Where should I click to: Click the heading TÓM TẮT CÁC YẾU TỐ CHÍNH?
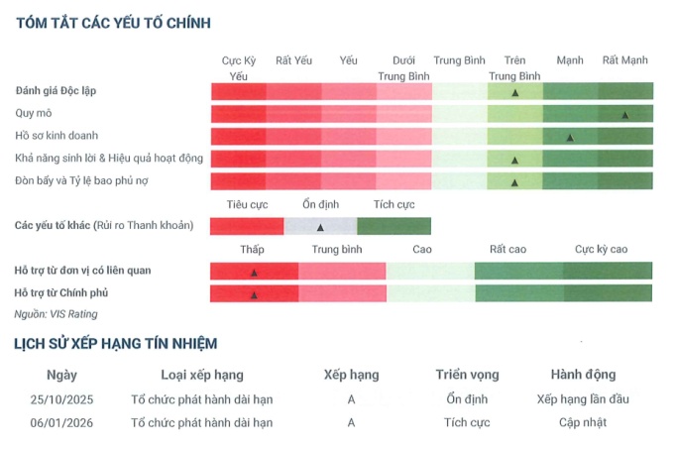(113, 22)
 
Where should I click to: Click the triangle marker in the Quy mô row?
(624, 115)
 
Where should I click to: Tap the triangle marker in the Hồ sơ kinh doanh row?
(569, 138)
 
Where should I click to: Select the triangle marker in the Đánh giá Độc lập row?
(515, 92)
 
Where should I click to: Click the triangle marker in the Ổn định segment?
(320, 227)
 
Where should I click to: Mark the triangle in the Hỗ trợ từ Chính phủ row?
(254, 294)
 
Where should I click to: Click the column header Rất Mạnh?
(624, 60)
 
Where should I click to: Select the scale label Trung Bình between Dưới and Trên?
(459, 60)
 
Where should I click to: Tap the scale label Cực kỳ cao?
(601, 250)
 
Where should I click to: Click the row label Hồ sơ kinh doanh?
(56, 136)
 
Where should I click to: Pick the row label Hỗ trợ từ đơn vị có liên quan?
(82, 271)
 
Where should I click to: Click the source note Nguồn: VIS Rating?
(56, 314)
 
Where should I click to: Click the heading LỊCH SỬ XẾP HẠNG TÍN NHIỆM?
(115, 344)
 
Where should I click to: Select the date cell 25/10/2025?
(61, 399)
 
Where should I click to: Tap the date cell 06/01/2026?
(61, 422)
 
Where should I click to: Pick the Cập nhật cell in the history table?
(583, 422)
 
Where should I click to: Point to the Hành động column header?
(583, 375)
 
